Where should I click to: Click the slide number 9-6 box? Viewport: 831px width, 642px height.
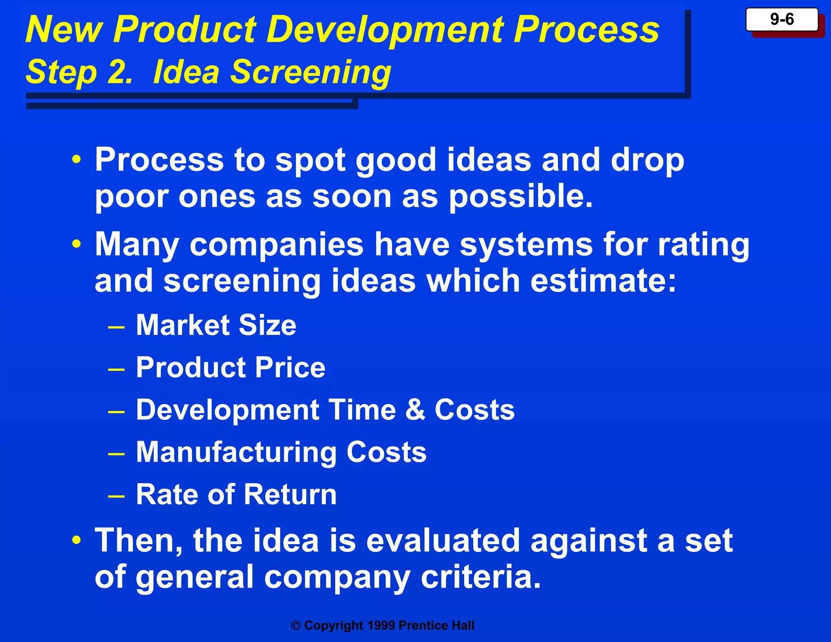781,19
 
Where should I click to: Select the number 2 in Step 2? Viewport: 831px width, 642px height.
119,72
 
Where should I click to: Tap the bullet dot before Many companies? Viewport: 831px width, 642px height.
77,244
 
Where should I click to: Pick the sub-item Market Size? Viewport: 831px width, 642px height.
216,325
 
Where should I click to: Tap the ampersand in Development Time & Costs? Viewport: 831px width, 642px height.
415,409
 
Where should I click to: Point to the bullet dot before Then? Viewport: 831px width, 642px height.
77,541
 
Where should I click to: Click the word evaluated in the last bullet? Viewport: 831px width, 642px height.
443,541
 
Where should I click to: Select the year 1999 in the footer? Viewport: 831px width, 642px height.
381,626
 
